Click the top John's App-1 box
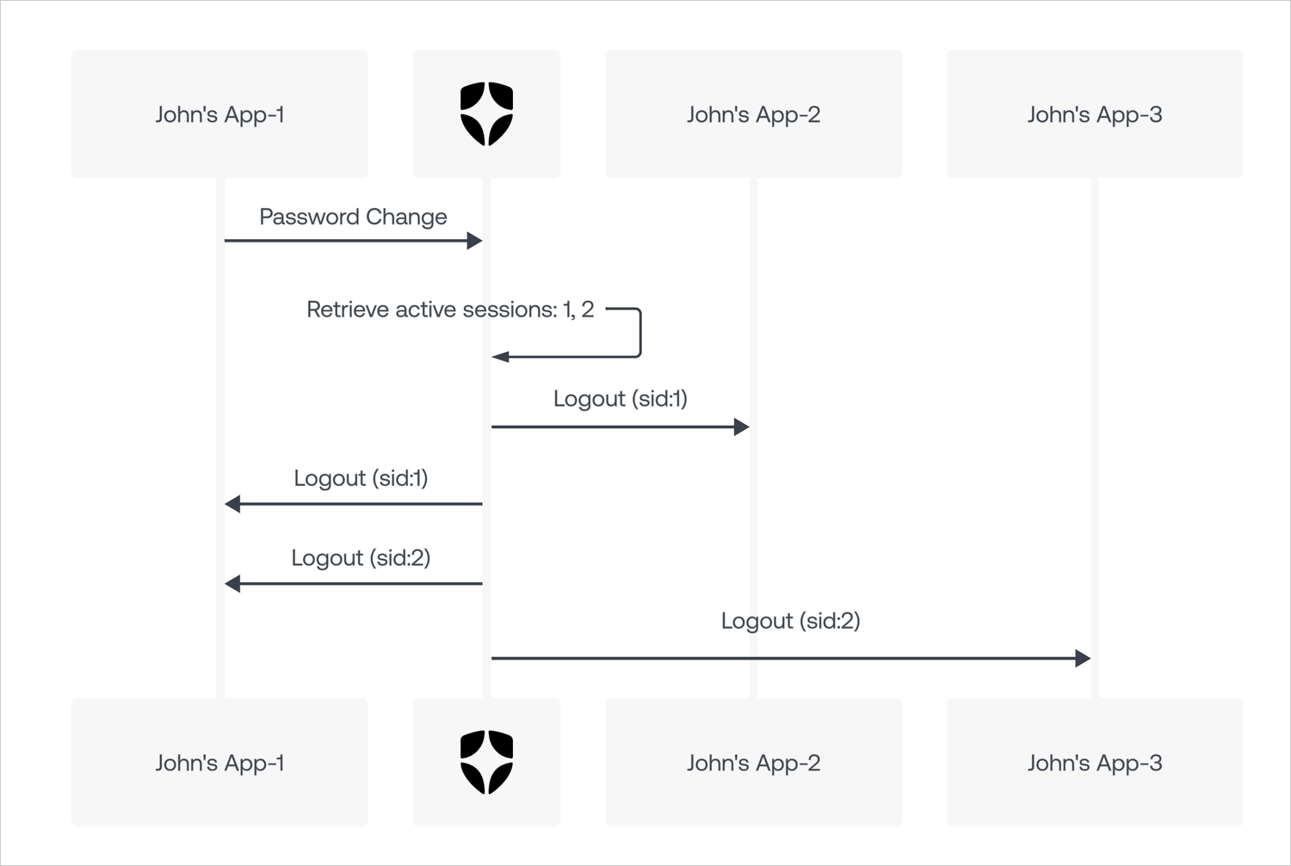[x=219, y=114]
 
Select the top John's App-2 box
[x=753, y=114]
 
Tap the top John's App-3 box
[x=1095, y=114]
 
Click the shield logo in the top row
[x=486, y=114]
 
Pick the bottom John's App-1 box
[x=219, y=762]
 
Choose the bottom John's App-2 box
[x=753, y=762]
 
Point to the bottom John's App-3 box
[x=1095, y=762]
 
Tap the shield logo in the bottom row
[x=486, y=762]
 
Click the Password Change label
[x=353, y=217]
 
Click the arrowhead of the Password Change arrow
[x=475, y=241]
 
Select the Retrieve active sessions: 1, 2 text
[x=450, y=310]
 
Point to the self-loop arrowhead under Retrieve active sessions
[x=500, y=357]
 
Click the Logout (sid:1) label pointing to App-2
[x=621, y=399]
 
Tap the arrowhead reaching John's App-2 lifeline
[x=742, y=427]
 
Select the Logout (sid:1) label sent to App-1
[x=361, y=478]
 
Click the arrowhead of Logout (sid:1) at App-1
[x=232, y=504]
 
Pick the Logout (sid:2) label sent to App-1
[x=361, y=558]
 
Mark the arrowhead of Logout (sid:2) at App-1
[x=232, y=584]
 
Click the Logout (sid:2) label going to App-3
[x=791, y=621]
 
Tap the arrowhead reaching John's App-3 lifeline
[x=1083, y=658]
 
